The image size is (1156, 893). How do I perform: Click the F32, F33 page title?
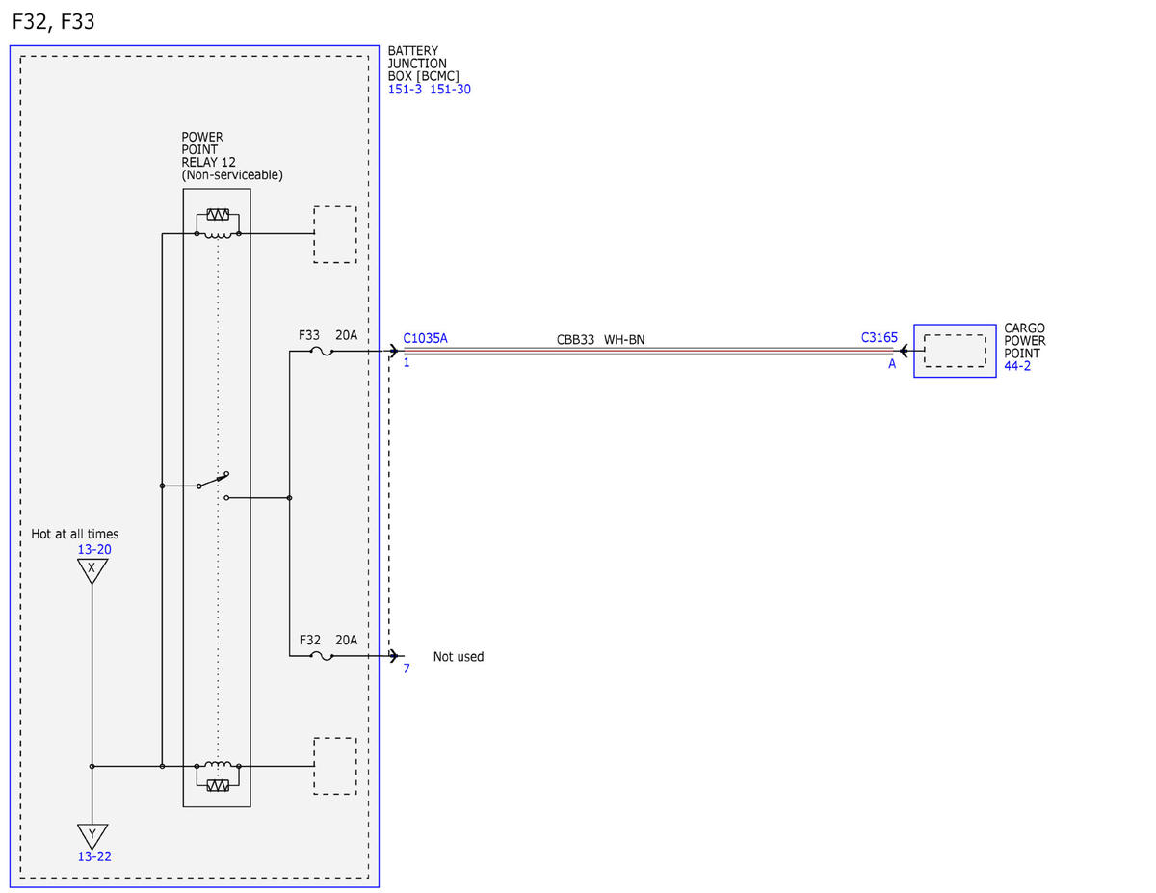53,22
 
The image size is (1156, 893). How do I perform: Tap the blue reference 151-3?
405,90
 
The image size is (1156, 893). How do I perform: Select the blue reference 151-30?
450,90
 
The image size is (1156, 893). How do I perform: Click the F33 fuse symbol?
322,352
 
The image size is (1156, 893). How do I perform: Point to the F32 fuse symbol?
322,656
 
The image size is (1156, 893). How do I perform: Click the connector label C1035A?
425,338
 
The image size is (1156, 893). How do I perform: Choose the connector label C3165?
879,338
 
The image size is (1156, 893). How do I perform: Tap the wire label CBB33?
575,340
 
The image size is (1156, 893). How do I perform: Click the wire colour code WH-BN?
624,340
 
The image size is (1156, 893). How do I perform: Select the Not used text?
458,657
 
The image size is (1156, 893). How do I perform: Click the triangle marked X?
92,570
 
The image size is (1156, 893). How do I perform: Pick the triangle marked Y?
92,836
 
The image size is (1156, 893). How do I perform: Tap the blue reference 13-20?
94,549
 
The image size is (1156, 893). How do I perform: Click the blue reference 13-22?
94,856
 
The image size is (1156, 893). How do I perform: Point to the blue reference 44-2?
1016,366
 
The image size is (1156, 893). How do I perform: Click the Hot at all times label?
74,534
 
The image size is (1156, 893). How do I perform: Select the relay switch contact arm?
213,480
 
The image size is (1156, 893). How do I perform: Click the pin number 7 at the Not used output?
407,669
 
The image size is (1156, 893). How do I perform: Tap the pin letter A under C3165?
892,364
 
